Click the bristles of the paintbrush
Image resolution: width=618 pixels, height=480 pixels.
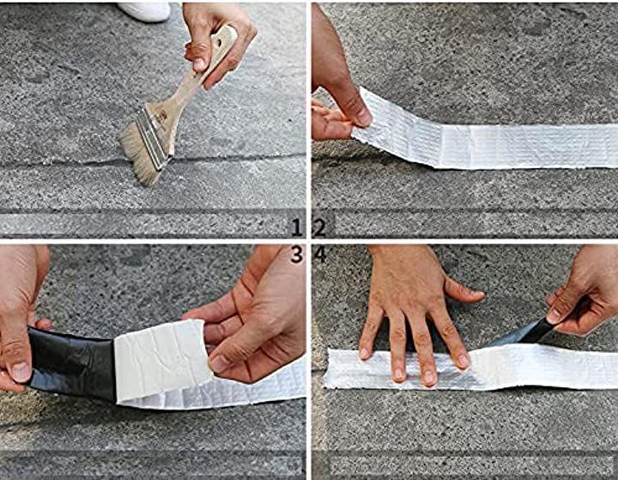[x=139, y=155]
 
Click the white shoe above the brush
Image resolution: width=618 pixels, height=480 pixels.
[x=145, y=11]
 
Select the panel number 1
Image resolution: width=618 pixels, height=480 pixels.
[x=297, y=228]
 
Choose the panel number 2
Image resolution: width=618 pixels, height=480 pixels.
[x=319, y=228]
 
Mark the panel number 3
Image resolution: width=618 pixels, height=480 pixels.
[x=297, y=255]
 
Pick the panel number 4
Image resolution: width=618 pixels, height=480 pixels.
[x=320, y=255]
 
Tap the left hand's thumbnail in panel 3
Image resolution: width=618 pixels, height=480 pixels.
[x=21, y=372]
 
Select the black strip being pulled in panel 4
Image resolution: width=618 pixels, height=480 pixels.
[x=520, y=334]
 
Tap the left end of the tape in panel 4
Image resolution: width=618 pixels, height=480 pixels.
[x=327, y=368]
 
